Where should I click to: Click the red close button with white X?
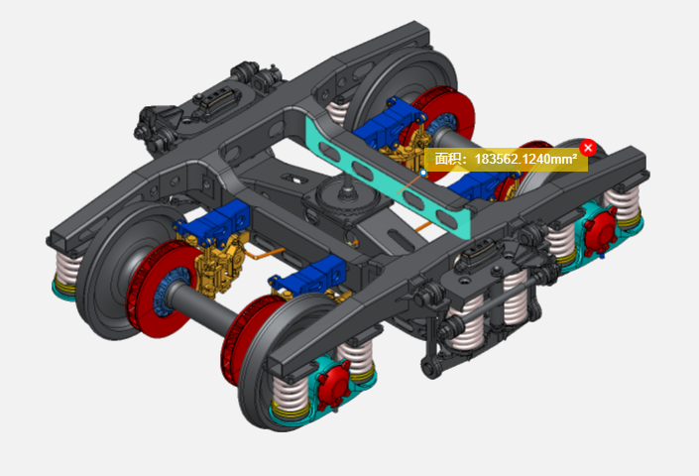(x=588, y=148)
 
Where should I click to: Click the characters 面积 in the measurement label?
(x=446, y=159)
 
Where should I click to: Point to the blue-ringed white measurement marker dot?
(x=423, y=173)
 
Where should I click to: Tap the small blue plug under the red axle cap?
(x=602, y=256)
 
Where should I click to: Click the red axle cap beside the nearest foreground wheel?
(x=333, y=385)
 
